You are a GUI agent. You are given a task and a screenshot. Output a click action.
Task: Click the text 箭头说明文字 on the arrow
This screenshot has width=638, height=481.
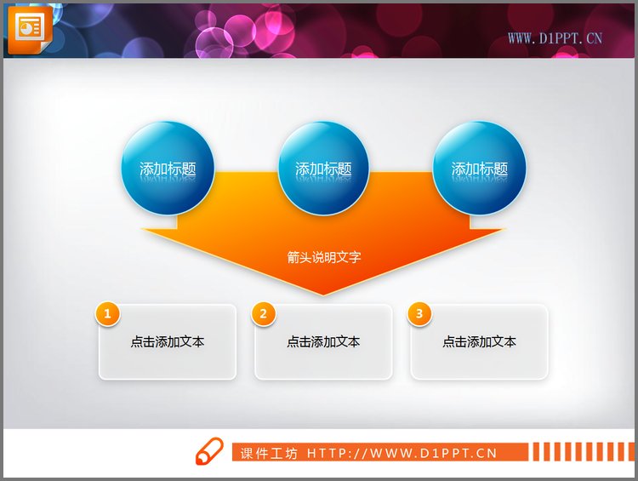(324, 256)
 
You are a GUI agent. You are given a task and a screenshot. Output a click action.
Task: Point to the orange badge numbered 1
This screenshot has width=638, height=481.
(107, 314)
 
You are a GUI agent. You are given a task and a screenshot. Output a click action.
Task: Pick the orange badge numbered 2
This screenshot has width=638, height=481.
(264, 314)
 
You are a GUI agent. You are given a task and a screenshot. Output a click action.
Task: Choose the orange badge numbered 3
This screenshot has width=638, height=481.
(419, 314)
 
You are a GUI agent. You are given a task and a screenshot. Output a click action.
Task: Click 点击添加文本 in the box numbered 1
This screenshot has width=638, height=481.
(168, 342)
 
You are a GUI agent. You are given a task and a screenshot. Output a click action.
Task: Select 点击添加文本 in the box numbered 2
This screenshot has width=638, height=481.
(323, 342)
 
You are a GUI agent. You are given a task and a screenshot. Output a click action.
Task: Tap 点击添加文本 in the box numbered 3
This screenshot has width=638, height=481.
(479, 342)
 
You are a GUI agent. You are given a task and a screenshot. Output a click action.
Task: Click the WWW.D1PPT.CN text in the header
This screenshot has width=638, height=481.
(555, 37)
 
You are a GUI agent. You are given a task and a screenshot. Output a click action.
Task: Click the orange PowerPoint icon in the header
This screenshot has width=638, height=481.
(29, 28)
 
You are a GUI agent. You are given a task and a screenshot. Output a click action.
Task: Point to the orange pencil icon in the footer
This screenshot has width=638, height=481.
(208, 452)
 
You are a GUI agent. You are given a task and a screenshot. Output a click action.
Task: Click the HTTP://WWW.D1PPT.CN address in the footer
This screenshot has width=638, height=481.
(402, 453)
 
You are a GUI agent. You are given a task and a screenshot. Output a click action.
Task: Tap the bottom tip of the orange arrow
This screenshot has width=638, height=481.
(323, 294)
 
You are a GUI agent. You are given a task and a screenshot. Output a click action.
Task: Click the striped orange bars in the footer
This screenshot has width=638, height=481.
(582, 452)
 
